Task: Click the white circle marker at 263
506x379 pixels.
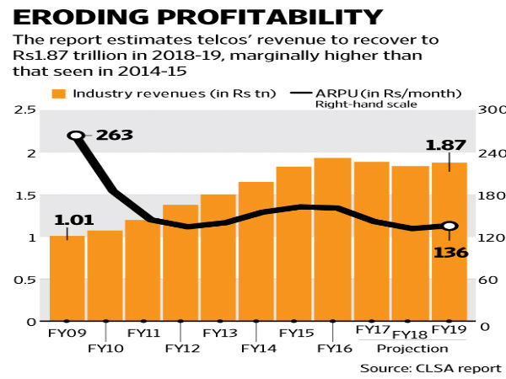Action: coord(76,136)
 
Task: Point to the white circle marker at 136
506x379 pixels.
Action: coord(449,226)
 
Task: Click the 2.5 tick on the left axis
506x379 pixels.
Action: coord(24,110)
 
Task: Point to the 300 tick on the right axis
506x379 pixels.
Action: coord(488,110)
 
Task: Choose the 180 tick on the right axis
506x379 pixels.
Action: coord(488,195)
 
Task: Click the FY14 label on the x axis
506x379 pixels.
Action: coord(256,348)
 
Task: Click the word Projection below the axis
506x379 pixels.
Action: coord(412,348)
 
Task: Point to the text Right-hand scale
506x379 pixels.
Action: coord(355,104)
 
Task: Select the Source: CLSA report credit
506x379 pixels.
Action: coord(430,368)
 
